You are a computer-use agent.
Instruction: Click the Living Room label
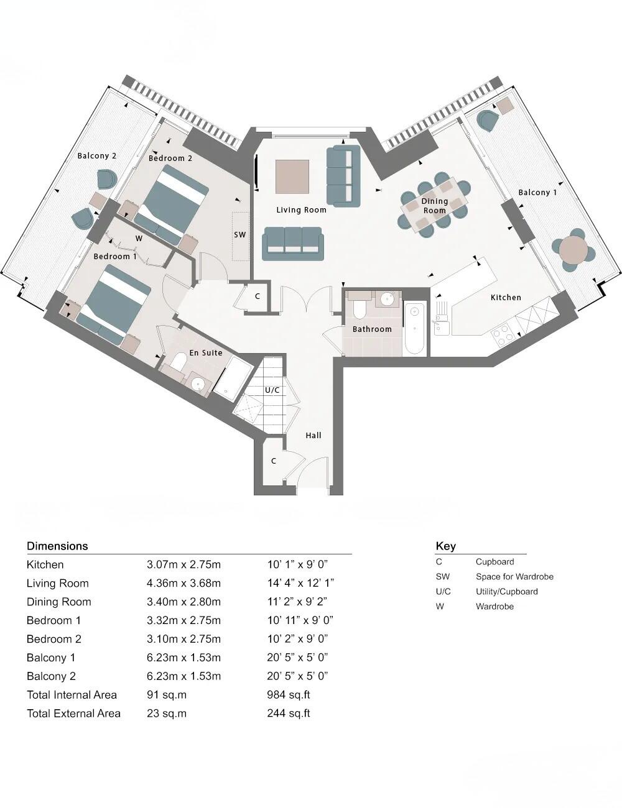coord(301,210)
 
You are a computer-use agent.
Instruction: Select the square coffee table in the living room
coord(292,177)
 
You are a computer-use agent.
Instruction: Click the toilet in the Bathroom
coord(360,309)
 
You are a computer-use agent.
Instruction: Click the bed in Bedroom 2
coord(171,204)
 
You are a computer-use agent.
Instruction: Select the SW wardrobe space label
coord(239,235)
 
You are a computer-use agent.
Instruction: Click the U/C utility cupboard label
coord(272,390)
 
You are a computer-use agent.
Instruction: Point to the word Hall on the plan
coord(313,435)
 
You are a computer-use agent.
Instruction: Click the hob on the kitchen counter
coord(503,335)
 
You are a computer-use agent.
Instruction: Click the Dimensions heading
coord(57,546)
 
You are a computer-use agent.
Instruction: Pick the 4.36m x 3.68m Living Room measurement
coord(183,583)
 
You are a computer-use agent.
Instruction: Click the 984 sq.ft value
coord(288,695)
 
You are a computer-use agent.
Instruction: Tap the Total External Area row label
coord(73,714)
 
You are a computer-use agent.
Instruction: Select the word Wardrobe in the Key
coord(494,607)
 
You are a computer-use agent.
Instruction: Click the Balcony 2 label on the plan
coord(96,156)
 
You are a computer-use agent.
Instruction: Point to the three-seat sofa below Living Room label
coord(292,243)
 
